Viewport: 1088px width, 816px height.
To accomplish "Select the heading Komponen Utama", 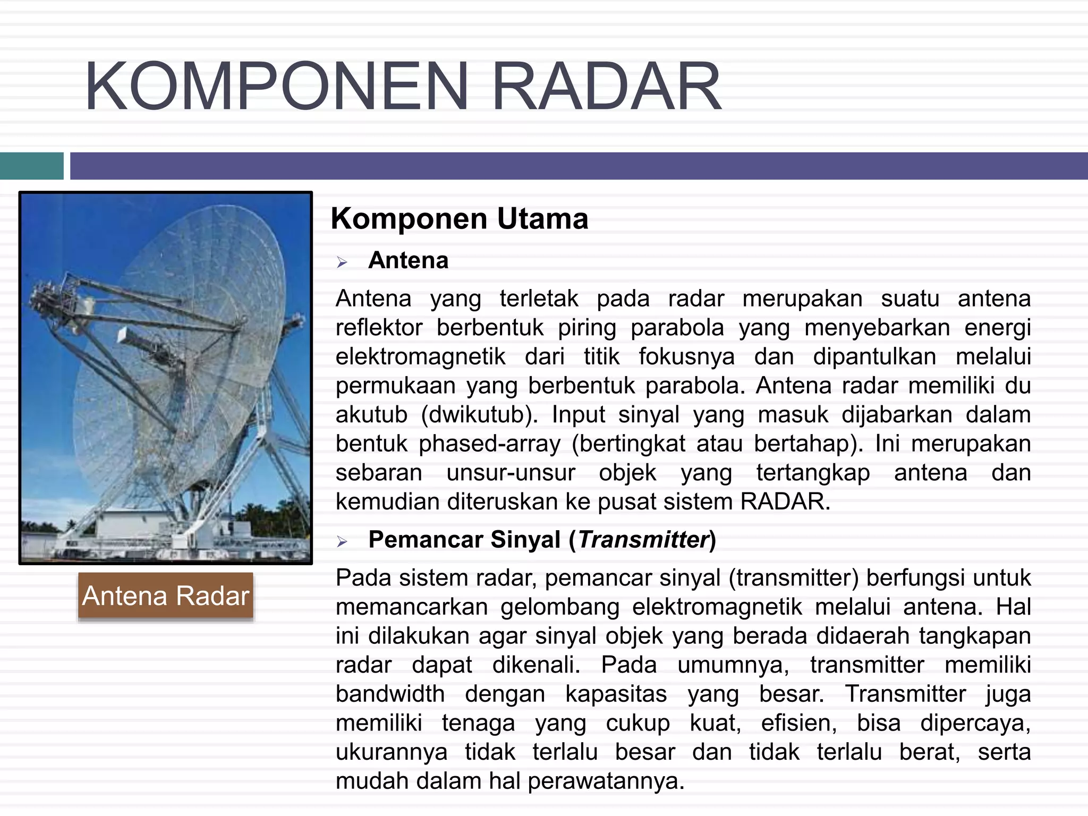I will (459, 218).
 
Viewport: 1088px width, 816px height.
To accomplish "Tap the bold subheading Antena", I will (408, 260).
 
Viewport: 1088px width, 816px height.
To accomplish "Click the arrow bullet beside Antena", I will (342, 262).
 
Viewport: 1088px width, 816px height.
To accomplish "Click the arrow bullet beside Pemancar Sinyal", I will (342, 541).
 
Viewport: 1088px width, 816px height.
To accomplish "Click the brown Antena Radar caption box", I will (166, 596).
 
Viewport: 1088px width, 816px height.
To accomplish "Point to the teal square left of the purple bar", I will (31, 166).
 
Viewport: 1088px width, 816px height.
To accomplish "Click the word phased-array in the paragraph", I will (489, 444).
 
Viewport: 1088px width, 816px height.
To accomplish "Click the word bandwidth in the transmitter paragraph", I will (390, 694).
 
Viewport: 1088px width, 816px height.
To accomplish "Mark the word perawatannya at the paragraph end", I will (606, 781).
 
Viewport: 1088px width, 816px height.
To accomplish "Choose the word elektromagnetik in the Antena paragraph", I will (420, 356).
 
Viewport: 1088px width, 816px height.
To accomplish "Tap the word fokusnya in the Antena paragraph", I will (686, 356).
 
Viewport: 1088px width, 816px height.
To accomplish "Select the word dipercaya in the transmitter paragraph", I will (975, 723).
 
